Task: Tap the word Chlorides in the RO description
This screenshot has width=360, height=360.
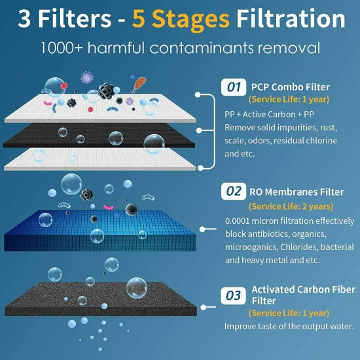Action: [x=300, y=246]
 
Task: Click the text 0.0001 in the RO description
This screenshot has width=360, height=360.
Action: [x=241, y=220]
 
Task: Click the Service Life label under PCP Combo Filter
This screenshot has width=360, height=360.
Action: [x=289, y=99]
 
